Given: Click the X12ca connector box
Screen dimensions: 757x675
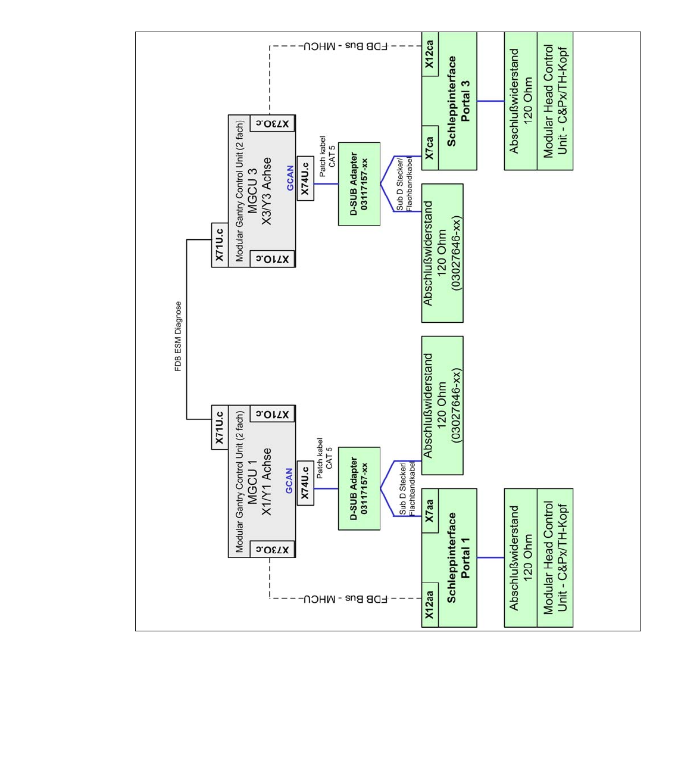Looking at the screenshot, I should pyautogui.click(x=430, y=54).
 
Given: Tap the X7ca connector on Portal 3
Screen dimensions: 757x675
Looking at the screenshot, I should pyautogui.click(x=430, y=148).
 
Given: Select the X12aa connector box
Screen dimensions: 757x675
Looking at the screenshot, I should pyautogui.click(x=430, y=605).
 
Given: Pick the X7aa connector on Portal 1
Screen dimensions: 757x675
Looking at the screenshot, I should pyautogui.click(x=430, y=510).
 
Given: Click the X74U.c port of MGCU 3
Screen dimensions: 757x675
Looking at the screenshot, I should pyautogui.click(x=305, y=179).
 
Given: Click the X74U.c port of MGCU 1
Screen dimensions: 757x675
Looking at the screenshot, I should pyautogui.click(x=305, y=483).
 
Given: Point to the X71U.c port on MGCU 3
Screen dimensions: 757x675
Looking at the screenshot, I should pyautogui.click(x=220, y=245).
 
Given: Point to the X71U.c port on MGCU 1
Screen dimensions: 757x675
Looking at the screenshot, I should pyautogui.click(x=220, y=427).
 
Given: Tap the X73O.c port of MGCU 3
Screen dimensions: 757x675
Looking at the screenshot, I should pyautogui.click(x=273, y=124).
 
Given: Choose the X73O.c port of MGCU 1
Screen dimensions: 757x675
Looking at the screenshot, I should pyautogui.click(x=273, y=549).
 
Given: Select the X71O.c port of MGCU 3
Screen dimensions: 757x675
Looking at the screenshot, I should pyautogui.click(x=273, y=259).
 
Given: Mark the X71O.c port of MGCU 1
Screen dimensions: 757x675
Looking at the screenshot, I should pyautogui.click(x=273, y=414).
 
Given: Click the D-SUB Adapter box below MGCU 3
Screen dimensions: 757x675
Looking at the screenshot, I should pyautogui.click(x=359, y=183).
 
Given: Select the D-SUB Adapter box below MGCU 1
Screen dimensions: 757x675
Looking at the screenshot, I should pyautogui.click(x=359, y=488).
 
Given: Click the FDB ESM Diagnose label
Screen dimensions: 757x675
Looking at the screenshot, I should pyautogui.click(x=178, y=336).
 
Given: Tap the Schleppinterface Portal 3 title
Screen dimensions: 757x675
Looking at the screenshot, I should pyautogui.click(x=458, y=101).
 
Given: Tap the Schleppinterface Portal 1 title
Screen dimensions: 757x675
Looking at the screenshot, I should pyautogui.click(x=458, y=557).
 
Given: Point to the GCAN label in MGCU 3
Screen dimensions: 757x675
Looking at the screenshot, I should pyautogui.click(x=290, y=178).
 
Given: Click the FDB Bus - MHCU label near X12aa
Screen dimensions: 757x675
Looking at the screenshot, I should pyautogui.click(x=346, y=599).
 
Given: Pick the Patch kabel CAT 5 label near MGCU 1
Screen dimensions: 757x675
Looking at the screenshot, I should pyautogui.click(x=324, y=458).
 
